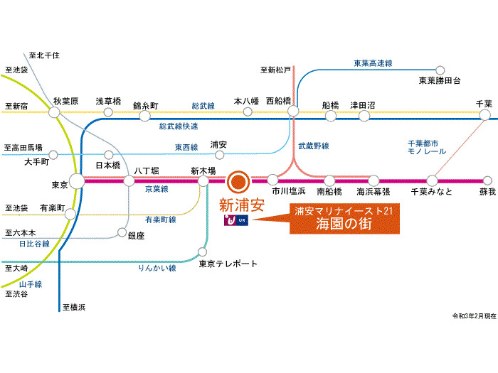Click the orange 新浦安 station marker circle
pyautogui.click(x=238, y=181)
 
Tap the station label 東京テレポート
pyautogui.click(x=228, y=264)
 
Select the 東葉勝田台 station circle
pyautogui.click(x=440, y=70)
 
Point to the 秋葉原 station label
pyautogui.click(x=65, y=102)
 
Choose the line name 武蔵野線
pyautogui.click(x=313, y=146)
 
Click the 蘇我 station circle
pyautogui.click(x=487, y=180)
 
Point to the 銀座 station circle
pyautogui.click(x=122, y=234)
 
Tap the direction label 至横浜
pyautogui.click(x=74, y=307)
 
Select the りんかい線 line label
pyautogui.click(x=158, y=268)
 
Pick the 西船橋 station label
pyautogui.click(x=279, y=102)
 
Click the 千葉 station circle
pyautogui.click(x=485, y=114)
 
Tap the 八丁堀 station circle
pyautogui.click(x=129, y=180)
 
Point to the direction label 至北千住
pyautogui.click(x=46, y=54)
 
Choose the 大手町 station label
pyautogui.click(x=36, y=162)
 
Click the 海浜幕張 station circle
pyautogui.click(x=373, y=180)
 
